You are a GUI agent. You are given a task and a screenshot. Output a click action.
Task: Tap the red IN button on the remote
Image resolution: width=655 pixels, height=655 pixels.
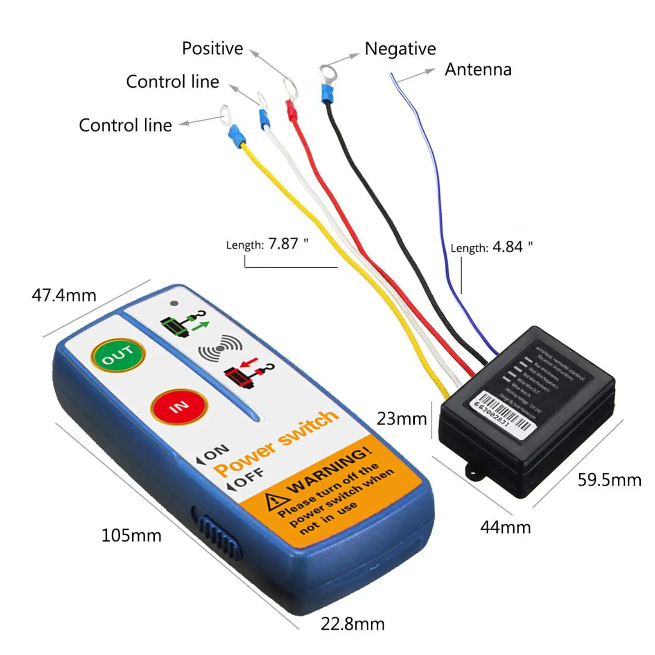pos(179,406)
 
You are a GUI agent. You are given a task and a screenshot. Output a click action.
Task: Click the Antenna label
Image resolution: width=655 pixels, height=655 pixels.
pos(478,70)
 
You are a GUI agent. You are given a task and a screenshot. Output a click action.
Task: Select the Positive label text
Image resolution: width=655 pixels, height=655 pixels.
pos(212,48)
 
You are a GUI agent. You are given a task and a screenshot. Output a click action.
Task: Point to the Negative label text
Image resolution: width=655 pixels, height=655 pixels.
pos(400,49)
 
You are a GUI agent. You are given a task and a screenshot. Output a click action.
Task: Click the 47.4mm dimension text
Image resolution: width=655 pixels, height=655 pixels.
pos(64,295)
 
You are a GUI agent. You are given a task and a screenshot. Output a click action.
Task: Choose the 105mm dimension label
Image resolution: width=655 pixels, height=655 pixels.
pos(131,535)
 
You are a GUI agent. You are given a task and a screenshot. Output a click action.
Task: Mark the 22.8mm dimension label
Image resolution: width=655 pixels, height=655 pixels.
pos(352,624)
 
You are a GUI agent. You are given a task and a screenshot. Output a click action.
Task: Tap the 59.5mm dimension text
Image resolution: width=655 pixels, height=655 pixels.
pos(609,480)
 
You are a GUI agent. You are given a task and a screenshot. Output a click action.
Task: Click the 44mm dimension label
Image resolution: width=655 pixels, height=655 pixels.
pos(505,527)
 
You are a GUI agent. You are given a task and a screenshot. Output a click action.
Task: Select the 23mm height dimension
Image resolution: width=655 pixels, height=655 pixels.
pos(402,418)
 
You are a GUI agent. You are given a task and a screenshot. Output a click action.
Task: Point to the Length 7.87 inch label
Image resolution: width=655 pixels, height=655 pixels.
pos(267,244)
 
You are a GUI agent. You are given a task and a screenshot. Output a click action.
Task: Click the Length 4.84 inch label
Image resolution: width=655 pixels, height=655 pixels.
pos(491,247)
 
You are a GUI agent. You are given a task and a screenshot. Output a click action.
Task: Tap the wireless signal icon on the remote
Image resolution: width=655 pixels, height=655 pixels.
pos(220,348)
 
